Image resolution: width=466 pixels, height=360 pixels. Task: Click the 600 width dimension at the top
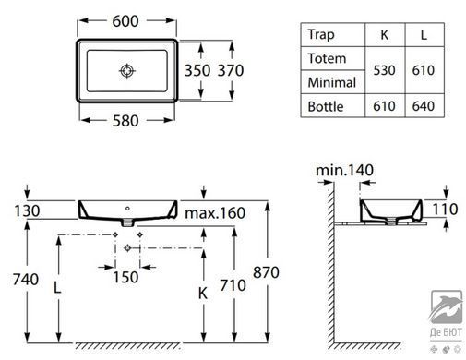pyautogui.click(x=125, y=21)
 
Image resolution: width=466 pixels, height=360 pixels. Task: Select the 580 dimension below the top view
pyautogui.click(x=125, y=121)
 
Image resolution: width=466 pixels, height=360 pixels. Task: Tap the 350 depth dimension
pyautogui.click(x=197, y=70)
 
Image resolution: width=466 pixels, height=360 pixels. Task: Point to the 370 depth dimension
pyautogui.click(x=231, y=70)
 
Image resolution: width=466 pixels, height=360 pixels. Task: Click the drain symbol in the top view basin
pyautogui.click(x=127, y=71)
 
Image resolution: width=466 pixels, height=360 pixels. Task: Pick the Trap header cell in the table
pyautogui.click(x=321, y=34)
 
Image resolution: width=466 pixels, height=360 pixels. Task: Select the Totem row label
pyautogui.click(x=327, y=58)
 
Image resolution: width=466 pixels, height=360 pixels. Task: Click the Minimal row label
pyautogui.click(x=332, y=82)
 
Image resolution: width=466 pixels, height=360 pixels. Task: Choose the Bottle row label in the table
pyautogui.click(x=326, y=106)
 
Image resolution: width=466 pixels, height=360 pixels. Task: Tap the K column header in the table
pyautogui.click(x=385, y=35)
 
